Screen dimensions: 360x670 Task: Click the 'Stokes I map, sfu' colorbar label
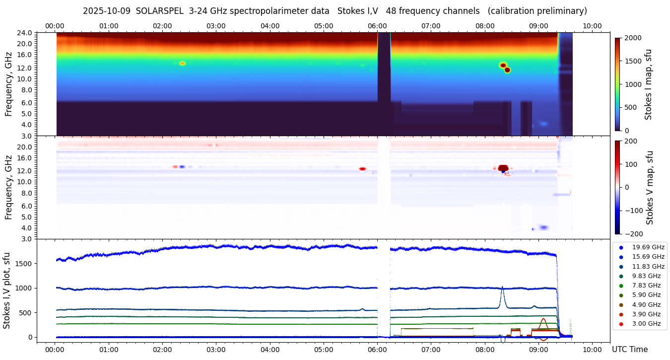[648, 84]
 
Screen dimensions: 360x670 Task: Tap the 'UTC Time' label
[629, 350]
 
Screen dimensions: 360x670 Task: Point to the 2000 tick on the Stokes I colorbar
[633, 38]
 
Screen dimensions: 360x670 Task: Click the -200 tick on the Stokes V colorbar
[634, 233]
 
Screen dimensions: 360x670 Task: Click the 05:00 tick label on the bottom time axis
[324, 350]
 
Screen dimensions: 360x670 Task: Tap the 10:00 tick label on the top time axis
[592, 26]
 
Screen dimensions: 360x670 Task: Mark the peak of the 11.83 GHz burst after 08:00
[502, 287]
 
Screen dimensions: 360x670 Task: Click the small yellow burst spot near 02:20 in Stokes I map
[182, 64]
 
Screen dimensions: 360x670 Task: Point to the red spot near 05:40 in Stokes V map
[362, 169]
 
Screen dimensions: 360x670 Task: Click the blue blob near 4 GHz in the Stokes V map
[544, 227]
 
